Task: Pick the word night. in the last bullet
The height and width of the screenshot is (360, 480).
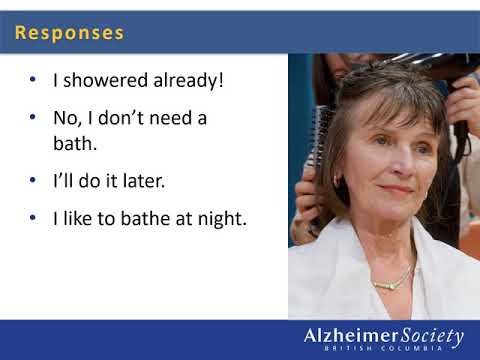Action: tap(219, 218)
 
